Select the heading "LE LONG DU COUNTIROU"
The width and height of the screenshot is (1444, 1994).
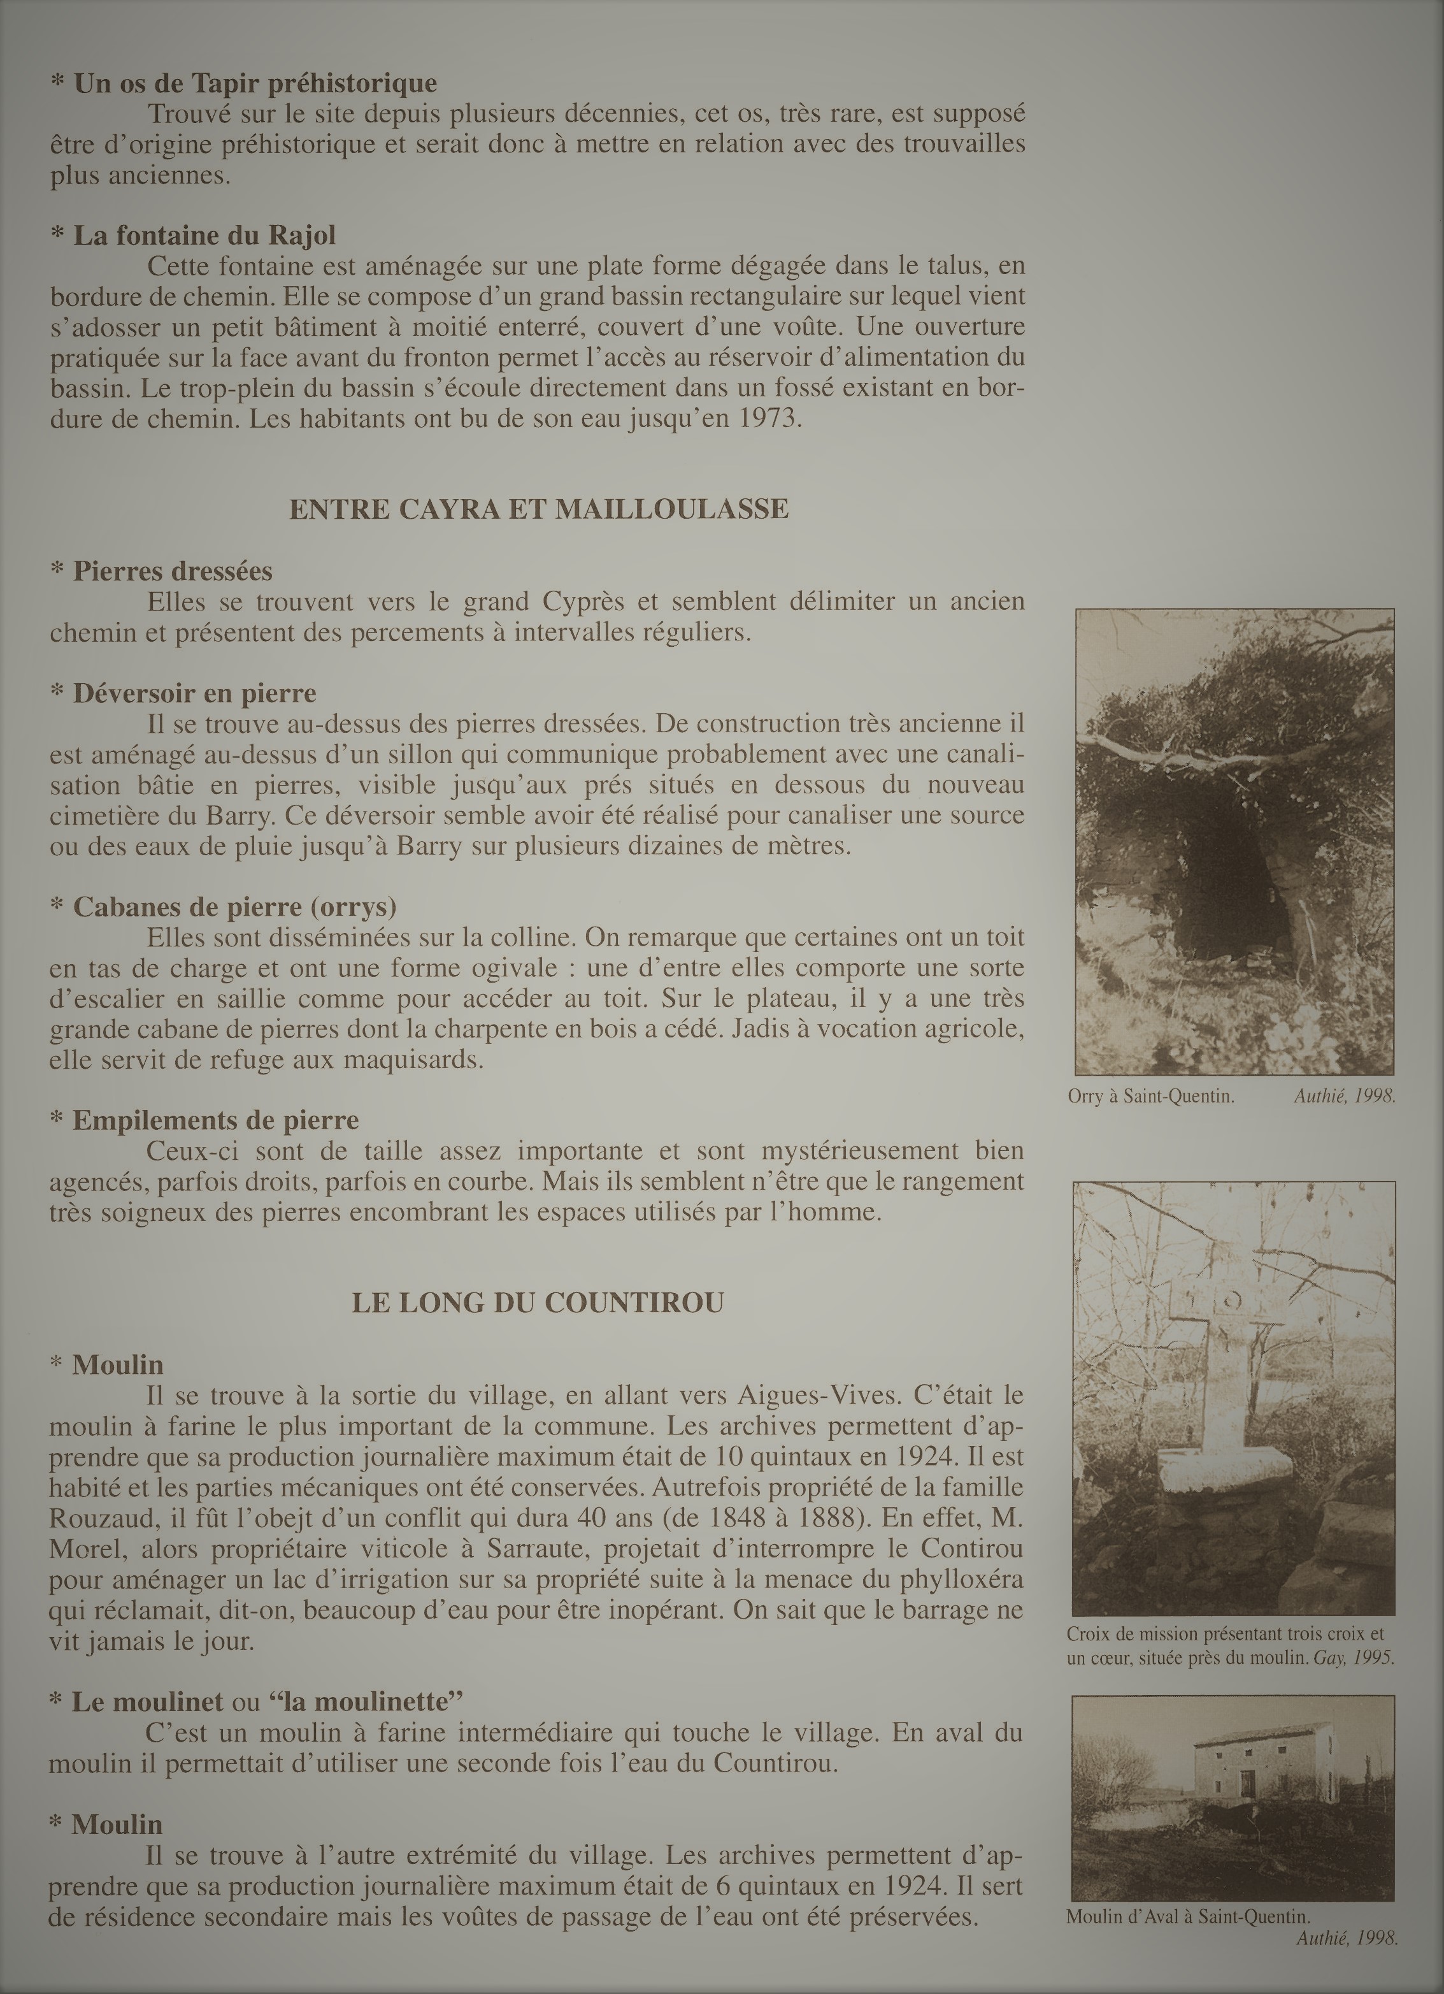pyautogui.click(x=537, y=1302)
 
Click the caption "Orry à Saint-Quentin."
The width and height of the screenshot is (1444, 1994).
pyautogui.click(x=1152, y=1096)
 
